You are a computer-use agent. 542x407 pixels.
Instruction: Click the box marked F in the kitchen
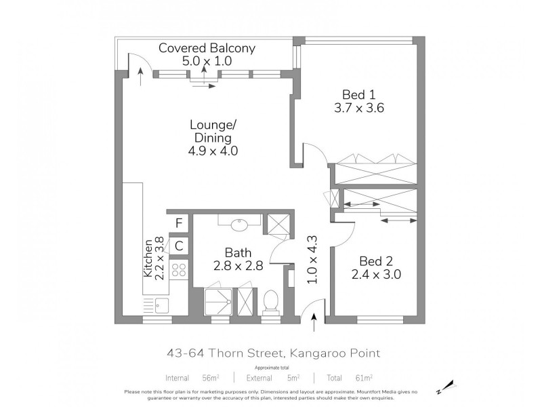180,222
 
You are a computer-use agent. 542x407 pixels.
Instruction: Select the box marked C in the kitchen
180,246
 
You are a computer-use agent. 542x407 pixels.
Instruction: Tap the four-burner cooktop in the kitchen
180,272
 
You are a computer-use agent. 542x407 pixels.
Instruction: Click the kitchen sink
161,305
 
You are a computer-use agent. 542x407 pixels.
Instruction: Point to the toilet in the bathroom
271,299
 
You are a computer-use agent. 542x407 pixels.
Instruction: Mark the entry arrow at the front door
316,324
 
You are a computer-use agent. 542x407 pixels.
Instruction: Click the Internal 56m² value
194,377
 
